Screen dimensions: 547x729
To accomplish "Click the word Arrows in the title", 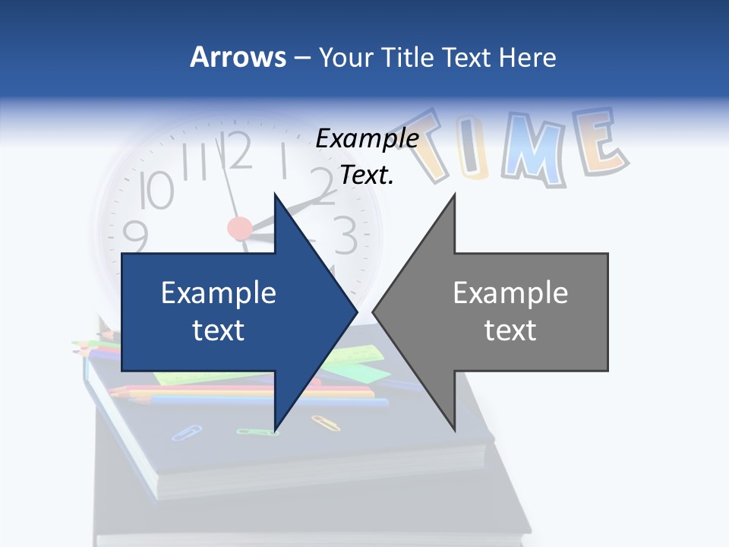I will tap(238, 57).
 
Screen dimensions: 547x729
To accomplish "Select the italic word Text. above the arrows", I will tap(367, 175).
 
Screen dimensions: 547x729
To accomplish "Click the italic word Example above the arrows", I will tap(367, 139).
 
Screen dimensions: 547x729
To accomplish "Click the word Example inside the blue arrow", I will tap(219, 293).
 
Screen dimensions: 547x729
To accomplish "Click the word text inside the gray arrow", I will tap(510, 330).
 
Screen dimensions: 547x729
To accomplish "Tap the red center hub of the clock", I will tap(239, 227).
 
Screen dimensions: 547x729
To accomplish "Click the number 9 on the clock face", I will tap(135, 236).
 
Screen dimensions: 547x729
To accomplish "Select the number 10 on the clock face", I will tap(157, 190).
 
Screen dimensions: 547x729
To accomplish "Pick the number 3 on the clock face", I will tap(345, 235).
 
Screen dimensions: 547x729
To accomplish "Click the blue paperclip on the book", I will tap(186, 432).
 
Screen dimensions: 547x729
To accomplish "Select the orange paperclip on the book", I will tap(325, 422).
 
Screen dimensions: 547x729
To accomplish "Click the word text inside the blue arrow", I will tap(219, 330).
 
